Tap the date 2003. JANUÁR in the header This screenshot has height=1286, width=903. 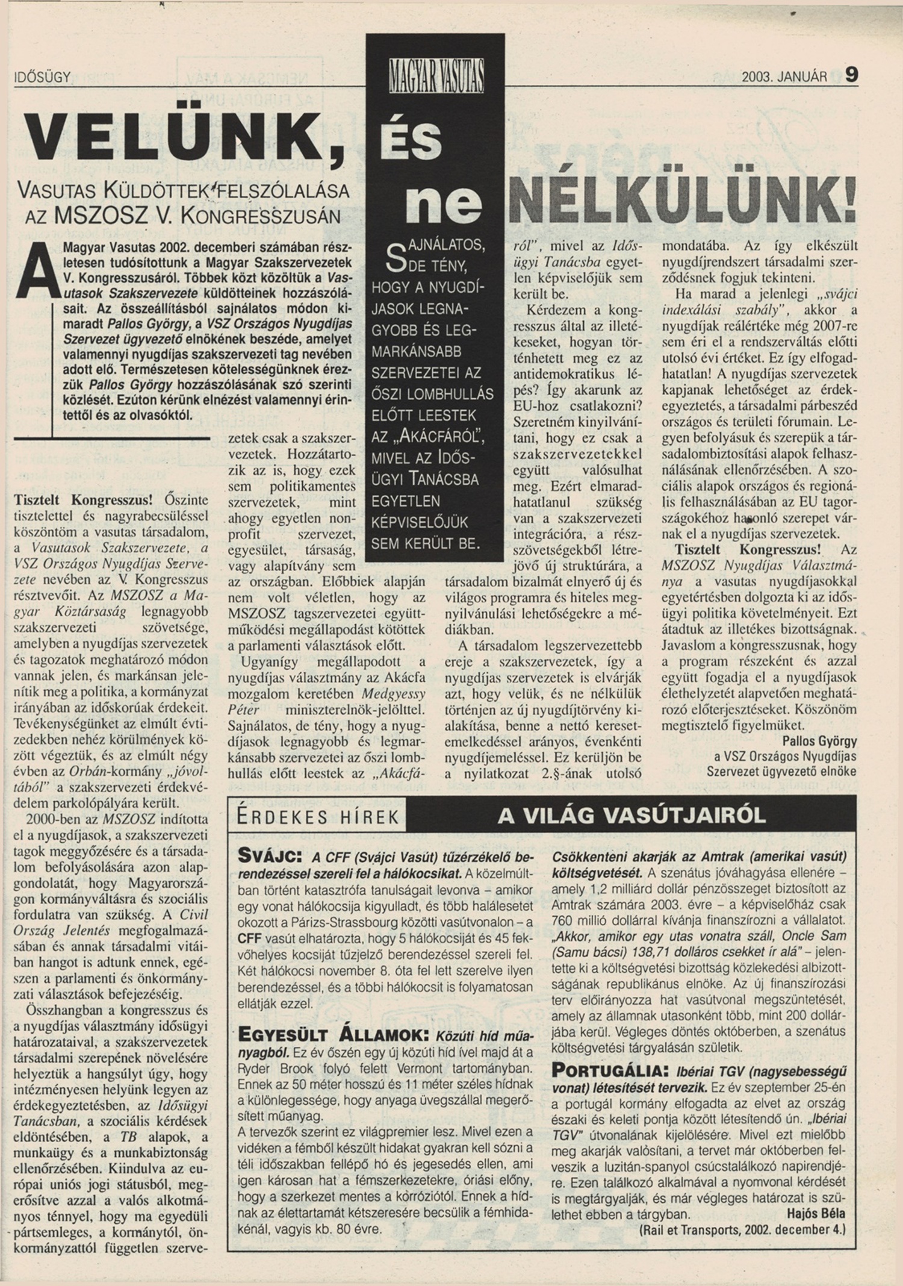point(784,77)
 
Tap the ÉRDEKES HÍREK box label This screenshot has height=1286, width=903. point(318,817)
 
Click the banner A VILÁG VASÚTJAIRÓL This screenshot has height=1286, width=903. point(631,815)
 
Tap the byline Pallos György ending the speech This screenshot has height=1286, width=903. point(819,740)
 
